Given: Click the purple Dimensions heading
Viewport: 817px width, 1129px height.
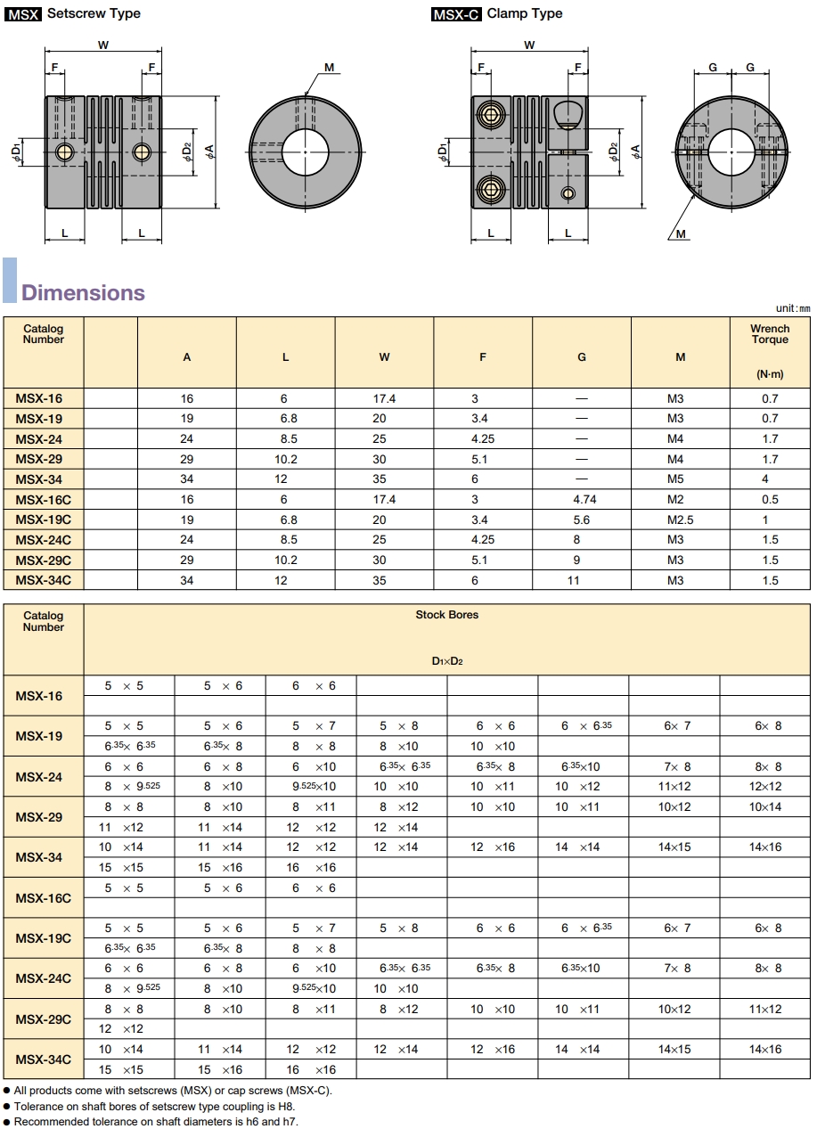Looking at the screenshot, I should coord(83,292).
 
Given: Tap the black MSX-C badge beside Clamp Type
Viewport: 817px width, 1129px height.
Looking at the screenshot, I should coord(456,14).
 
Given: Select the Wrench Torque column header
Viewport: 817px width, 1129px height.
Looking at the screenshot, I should coord(769,334).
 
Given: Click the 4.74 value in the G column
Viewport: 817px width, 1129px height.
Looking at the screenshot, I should coord(581,500).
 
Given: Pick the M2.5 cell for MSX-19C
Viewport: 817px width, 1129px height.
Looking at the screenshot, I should coord(680,520).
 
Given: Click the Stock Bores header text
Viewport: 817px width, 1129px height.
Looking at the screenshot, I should coord(446,615).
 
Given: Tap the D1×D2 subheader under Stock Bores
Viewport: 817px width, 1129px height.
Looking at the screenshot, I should coord(446,661).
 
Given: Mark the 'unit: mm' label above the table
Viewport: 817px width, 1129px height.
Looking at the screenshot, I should coord(793,308).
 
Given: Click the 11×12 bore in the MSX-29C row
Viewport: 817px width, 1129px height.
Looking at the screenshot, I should coord(764,1009).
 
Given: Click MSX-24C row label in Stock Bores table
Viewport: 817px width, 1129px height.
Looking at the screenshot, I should coord(43,978).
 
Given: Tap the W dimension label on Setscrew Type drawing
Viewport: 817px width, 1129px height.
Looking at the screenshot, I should coord(103,45).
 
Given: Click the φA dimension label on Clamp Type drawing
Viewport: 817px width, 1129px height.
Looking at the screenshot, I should coord(635,151).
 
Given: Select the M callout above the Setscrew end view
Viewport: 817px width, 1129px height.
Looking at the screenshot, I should coord(329,68).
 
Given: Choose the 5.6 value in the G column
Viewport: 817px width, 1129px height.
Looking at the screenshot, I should coord(581,520).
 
